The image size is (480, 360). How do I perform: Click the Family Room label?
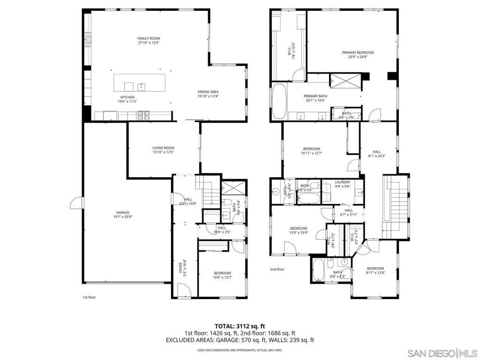pos(149,38)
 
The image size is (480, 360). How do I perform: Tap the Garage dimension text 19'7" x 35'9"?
pos(123,217)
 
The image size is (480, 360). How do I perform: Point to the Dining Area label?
pos(208,91)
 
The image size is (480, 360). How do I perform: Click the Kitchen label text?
pos(127,97)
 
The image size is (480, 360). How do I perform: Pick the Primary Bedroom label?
pos(357,52)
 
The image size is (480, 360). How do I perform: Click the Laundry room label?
pos(343,182)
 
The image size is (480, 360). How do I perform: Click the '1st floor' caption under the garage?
pos(89,297)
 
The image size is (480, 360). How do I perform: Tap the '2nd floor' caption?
pos(277,270)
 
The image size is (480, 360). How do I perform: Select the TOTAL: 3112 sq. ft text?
pos(240,325)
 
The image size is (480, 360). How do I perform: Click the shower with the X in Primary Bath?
pos(346,81)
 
